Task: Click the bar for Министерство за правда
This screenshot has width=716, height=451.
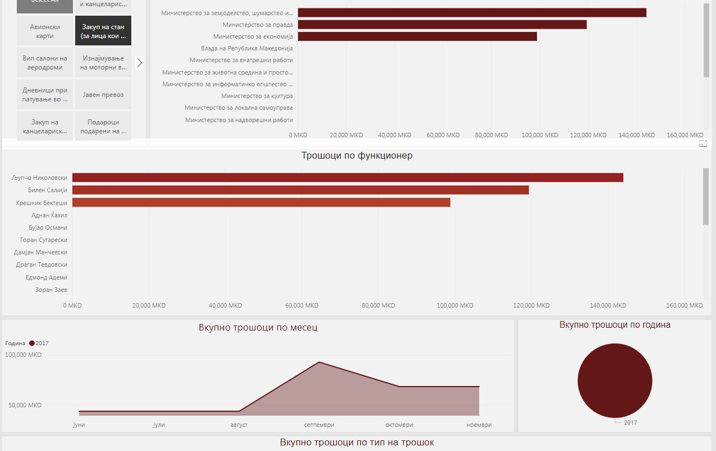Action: [x=442, y=25]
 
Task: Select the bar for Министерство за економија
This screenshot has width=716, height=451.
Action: [x=417, y=36]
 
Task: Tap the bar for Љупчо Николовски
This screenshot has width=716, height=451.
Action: [x=347, y=178]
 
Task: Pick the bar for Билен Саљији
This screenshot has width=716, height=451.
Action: [x=300, y=190]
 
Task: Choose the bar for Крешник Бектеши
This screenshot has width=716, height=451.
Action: [x=261, y=202]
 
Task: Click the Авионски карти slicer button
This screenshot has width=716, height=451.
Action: [x=45, y=31]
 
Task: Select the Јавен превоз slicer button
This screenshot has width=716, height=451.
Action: [x=103, y=95]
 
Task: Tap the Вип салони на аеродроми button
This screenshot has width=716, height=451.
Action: [x=45, y=63]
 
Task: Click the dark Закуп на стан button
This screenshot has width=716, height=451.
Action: [x=103, y=31]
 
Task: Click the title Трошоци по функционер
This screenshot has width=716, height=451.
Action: [x=357, y=156]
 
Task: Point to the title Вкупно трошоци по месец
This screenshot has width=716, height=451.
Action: [x=258, y=327]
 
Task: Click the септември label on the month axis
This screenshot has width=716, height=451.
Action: [x=319, y=425]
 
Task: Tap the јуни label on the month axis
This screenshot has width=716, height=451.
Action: [x=79, y=425]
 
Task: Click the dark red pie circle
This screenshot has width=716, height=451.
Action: [x=614, y=380]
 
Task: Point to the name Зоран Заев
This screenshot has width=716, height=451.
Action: [x=51, y=290]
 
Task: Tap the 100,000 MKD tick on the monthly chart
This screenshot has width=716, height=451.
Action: [x=24, y=355]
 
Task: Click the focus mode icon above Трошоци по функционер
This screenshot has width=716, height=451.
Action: [x=703, y=144]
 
